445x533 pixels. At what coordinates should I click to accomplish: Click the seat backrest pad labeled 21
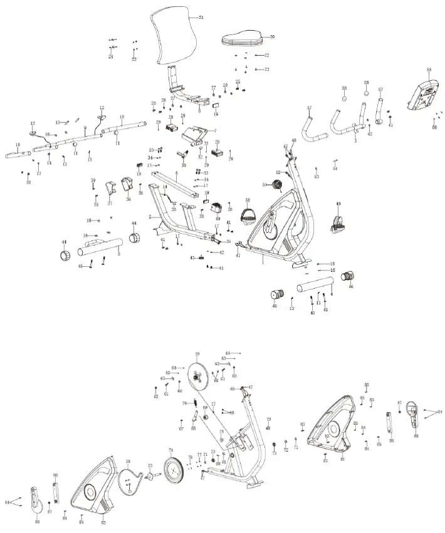pos(174,38)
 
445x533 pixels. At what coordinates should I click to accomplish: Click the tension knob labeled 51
pos(276,185)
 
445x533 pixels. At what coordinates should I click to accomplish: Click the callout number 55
pos(429,70)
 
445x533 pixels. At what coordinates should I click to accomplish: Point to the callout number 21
pos(201,18)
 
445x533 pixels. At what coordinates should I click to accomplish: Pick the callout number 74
pos(170,450)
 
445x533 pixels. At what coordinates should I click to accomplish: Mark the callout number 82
pos(103,522)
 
